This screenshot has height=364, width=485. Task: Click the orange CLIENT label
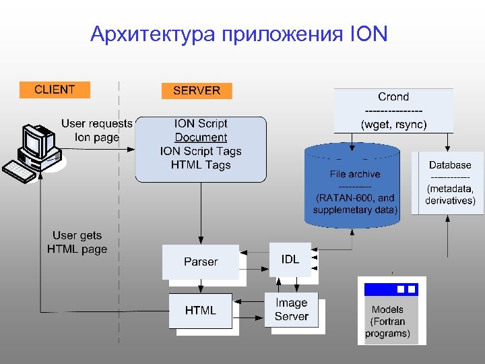click(55, 90)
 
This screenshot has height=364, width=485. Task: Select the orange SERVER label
click(197, 90)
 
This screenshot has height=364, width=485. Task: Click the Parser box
click(201, 262)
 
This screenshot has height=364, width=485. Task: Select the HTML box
click(201, 310)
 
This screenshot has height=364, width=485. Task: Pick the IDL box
click(290, 260)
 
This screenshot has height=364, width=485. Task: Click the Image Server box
click(291, 310)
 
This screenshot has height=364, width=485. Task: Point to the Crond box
click(393, 111)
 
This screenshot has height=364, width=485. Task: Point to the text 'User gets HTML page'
click(77, 242)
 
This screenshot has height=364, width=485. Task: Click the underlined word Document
click(201, 138)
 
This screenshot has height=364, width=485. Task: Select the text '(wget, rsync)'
click(393, 125)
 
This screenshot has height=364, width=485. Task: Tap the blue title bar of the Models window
click(391, 289)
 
